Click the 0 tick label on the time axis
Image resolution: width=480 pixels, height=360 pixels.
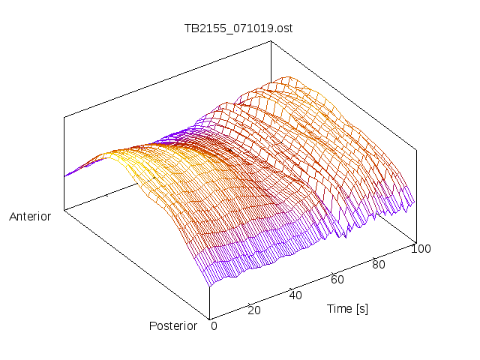click(214, 325)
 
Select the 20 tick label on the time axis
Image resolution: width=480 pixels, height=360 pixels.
click(253, 310)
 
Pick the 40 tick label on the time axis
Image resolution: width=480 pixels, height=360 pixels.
click(295, 295)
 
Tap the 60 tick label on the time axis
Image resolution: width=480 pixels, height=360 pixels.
click(337, 279)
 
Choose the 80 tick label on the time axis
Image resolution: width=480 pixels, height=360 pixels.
click(379, 264)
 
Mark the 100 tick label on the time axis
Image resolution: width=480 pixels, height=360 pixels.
click(421, 249)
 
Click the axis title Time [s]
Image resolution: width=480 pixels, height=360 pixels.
click(347, 308)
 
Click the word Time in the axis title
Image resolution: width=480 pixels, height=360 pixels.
click(339, 308)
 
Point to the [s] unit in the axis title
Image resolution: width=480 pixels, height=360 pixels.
click(361, 308)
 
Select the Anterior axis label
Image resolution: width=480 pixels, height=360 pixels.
click(30, 217)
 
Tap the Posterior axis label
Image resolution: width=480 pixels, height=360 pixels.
click(173, 325)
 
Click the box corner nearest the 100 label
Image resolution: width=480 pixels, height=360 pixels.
click(415, 241)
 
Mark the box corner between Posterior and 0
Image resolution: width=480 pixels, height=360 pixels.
click(209, 319)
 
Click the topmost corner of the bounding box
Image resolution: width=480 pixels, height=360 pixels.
click(270, 40)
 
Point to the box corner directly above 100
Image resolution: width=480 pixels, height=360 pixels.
click(415, 148)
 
